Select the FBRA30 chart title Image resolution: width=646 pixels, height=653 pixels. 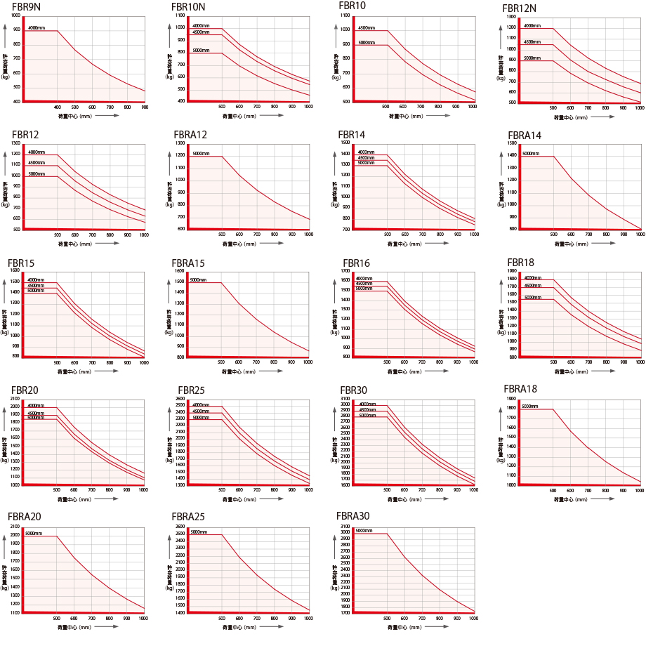(x=353, y=516)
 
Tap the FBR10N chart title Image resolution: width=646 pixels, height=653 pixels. (x=189, y=7)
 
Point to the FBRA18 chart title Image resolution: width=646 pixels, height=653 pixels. (x=520, y=389)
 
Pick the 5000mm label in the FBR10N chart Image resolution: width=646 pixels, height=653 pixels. (x=201, y=51)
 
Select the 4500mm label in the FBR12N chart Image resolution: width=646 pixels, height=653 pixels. (x=532, y=42)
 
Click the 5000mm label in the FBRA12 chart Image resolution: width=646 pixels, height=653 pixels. (x=201, y=153)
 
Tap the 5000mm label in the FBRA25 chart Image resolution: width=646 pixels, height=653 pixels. (x=199, y=532)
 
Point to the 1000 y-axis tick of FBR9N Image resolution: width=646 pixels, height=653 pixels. (x=16, y=15)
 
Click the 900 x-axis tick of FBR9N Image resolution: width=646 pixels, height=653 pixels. (x=145, y=107)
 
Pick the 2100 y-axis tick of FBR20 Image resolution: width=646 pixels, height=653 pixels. (x=15, y=399)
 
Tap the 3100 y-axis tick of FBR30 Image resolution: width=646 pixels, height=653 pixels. (x=345, y=399)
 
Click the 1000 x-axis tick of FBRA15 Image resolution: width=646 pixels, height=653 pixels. (x=308, y=362)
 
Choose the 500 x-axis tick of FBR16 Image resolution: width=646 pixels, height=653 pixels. (x=386, y=362)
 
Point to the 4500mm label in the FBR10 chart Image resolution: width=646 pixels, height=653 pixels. (x=367, y=28)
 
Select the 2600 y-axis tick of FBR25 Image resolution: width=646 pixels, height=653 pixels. (x=180, y=399)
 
